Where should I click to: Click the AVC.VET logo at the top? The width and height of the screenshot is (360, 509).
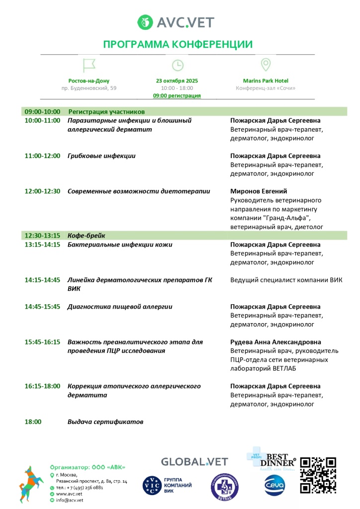tap(177, 22)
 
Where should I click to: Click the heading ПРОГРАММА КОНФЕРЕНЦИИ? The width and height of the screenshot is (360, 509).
tap(178, 45)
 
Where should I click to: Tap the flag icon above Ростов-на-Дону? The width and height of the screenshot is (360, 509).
tap(89, 65)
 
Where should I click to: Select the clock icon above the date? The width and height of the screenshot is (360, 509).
tap(178, 65)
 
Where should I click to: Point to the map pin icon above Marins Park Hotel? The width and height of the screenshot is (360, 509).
tap(266, 65)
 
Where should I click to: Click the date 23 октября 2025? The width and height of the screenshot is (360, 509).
tap(177, 81)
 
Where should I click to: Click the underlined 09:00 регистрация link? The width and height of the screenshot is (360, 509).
tap(177, 95)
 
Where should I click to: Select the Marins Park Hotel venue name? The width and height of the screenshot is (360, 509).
tap(266, 81)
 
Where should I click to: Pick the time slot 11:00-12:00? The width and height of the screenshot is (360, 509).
tap(42, 156)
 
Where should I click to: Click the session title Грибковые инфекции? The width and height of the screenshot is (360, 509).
tap(101, 156)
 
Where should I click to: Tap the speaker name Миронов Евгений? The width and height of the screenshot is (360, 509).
tap(259, 191)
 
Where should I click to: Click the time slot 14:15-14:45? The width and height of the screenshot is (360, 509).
tap(42, 280)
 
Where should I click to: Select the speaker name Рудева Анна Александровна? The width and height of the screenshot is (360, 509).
tap(275, 342)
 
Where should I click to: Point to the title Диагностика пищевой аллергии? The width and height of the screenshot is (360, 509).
tap(120, 307)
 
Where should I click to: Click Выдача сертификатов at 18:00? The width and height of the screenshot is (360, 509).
tap(105, 422)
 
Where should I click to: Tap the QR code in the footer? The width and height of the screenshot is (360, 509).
tap(319, 475)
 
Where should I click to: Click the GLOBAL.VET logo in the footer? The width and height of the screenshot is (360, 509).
tap(194, 462)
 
